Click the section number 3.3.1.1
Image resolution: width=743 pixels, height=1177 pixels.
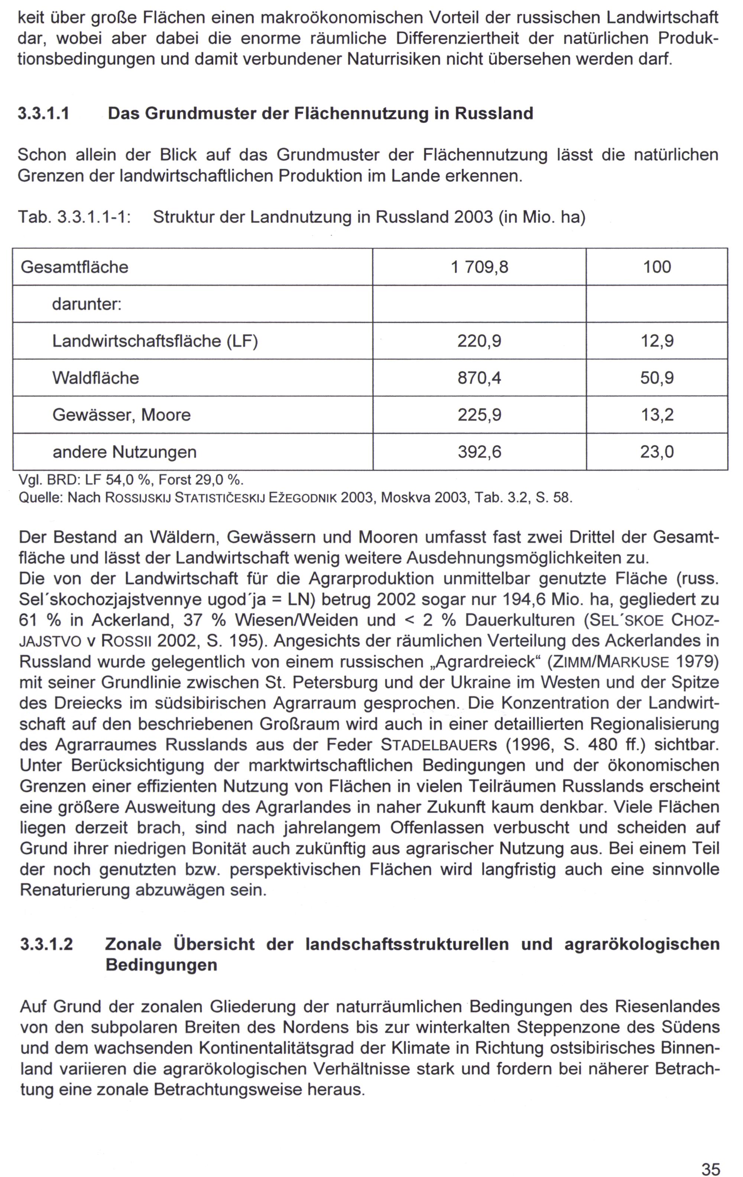click(43, 114)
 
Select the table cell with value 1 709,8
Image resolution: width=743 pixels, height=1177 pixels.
click(479, 267)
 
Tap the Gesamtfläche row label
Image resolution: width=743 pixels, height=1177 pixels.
click(74, 267)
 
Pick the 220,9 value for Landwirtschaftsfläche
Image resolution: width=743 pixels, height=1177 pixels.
click(479, 341)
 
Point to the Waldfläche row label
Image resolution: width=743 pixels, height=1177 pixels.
click(95, 378)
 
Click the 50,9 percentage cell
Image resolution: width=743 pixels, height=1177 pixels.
click(657, 378)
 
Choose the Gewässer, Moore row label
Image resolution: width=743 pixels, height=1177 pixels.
click(121, 415)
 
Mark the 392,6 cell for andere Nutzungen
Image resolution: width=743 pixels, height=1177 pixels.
click(479, 451)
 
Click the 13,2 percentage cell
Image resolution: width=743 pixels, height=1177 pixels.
click(657, 415)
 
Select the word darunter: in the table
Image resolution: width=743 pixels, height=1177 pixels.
click(87, 304)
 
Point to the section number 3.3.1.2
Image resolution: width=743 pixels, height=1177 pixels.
click(46, 944)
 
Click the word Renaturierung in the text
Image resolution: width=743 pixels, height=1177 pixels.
click(76, 890)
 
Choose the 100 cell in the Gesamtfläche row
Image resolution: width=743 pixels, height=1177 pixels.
click(657, 267)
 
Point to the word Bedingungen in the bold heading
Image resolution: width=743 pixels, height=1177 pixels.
click(161, 965)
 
